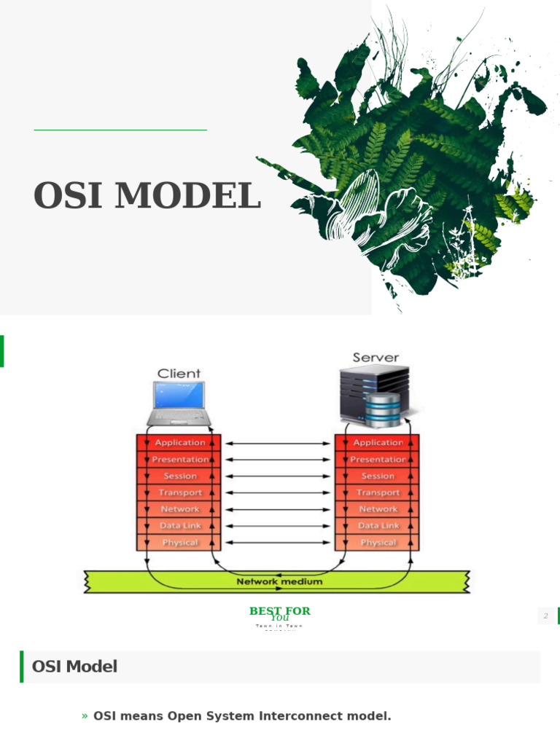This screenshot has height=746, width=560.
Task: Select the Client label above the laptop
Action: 179,374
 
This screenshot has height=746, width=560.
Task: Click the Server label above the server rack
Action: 376,358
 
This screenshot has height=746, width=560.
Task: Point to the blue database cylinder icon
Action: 384,409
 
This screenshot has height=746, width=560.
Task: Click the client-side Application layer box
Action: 179,442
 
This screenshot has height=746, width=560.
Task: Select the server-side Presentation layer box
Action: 377,460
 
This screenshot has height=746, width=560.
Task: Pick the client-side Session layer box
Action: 179,476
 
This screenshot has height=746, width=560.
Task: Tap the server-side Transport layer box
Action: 377,492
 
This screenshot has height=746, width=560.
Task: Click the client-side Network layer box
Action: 179,509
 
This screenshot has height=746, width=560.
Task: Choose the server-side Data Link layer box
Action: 377,525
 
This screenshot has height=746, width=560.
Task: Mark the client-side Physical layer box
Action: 179,543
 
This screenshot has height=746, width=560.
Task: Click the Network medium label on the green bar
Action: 279,582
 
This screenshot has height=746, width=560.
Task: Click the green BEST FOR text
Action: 280,611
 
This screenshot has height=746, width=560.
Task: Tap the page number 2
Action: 545,616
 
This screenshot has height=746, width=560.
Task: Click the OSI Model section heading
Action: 74,667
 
